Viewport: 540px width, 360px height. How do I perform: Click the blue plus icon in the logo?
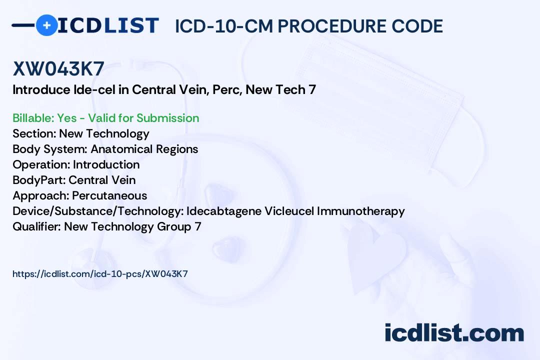coord(46,25)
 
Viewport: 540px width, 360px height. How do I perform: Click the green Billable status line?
coord(105,118)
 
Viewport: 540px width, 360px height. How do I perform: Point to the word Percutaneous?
coord(109,195)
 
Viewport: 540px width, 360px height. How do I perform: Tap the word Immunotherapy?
coord(360,211)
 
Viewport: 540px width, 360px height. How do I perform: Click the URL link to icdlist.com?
coord(100,274)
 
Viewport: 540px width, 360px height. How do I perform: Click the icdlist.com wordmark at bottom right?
coord(454,333)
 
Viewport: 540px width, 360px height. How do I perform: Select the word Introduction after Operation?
coord(106,164)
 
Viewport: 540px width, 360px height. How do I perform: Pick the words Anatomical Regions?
coord(144,149)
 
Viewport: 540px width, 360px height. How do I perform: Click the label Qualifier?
coord(37,226)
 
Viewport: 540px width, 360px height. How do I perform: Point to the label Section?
coord(34,133)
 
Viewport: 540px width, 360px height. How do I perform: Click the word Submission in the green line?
coord(167,118)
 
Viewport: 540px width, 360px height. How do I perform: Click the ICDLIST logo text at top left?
coord(108,25)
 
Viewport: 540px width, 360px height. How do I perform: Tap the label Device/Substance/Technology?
coord(98,211)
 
